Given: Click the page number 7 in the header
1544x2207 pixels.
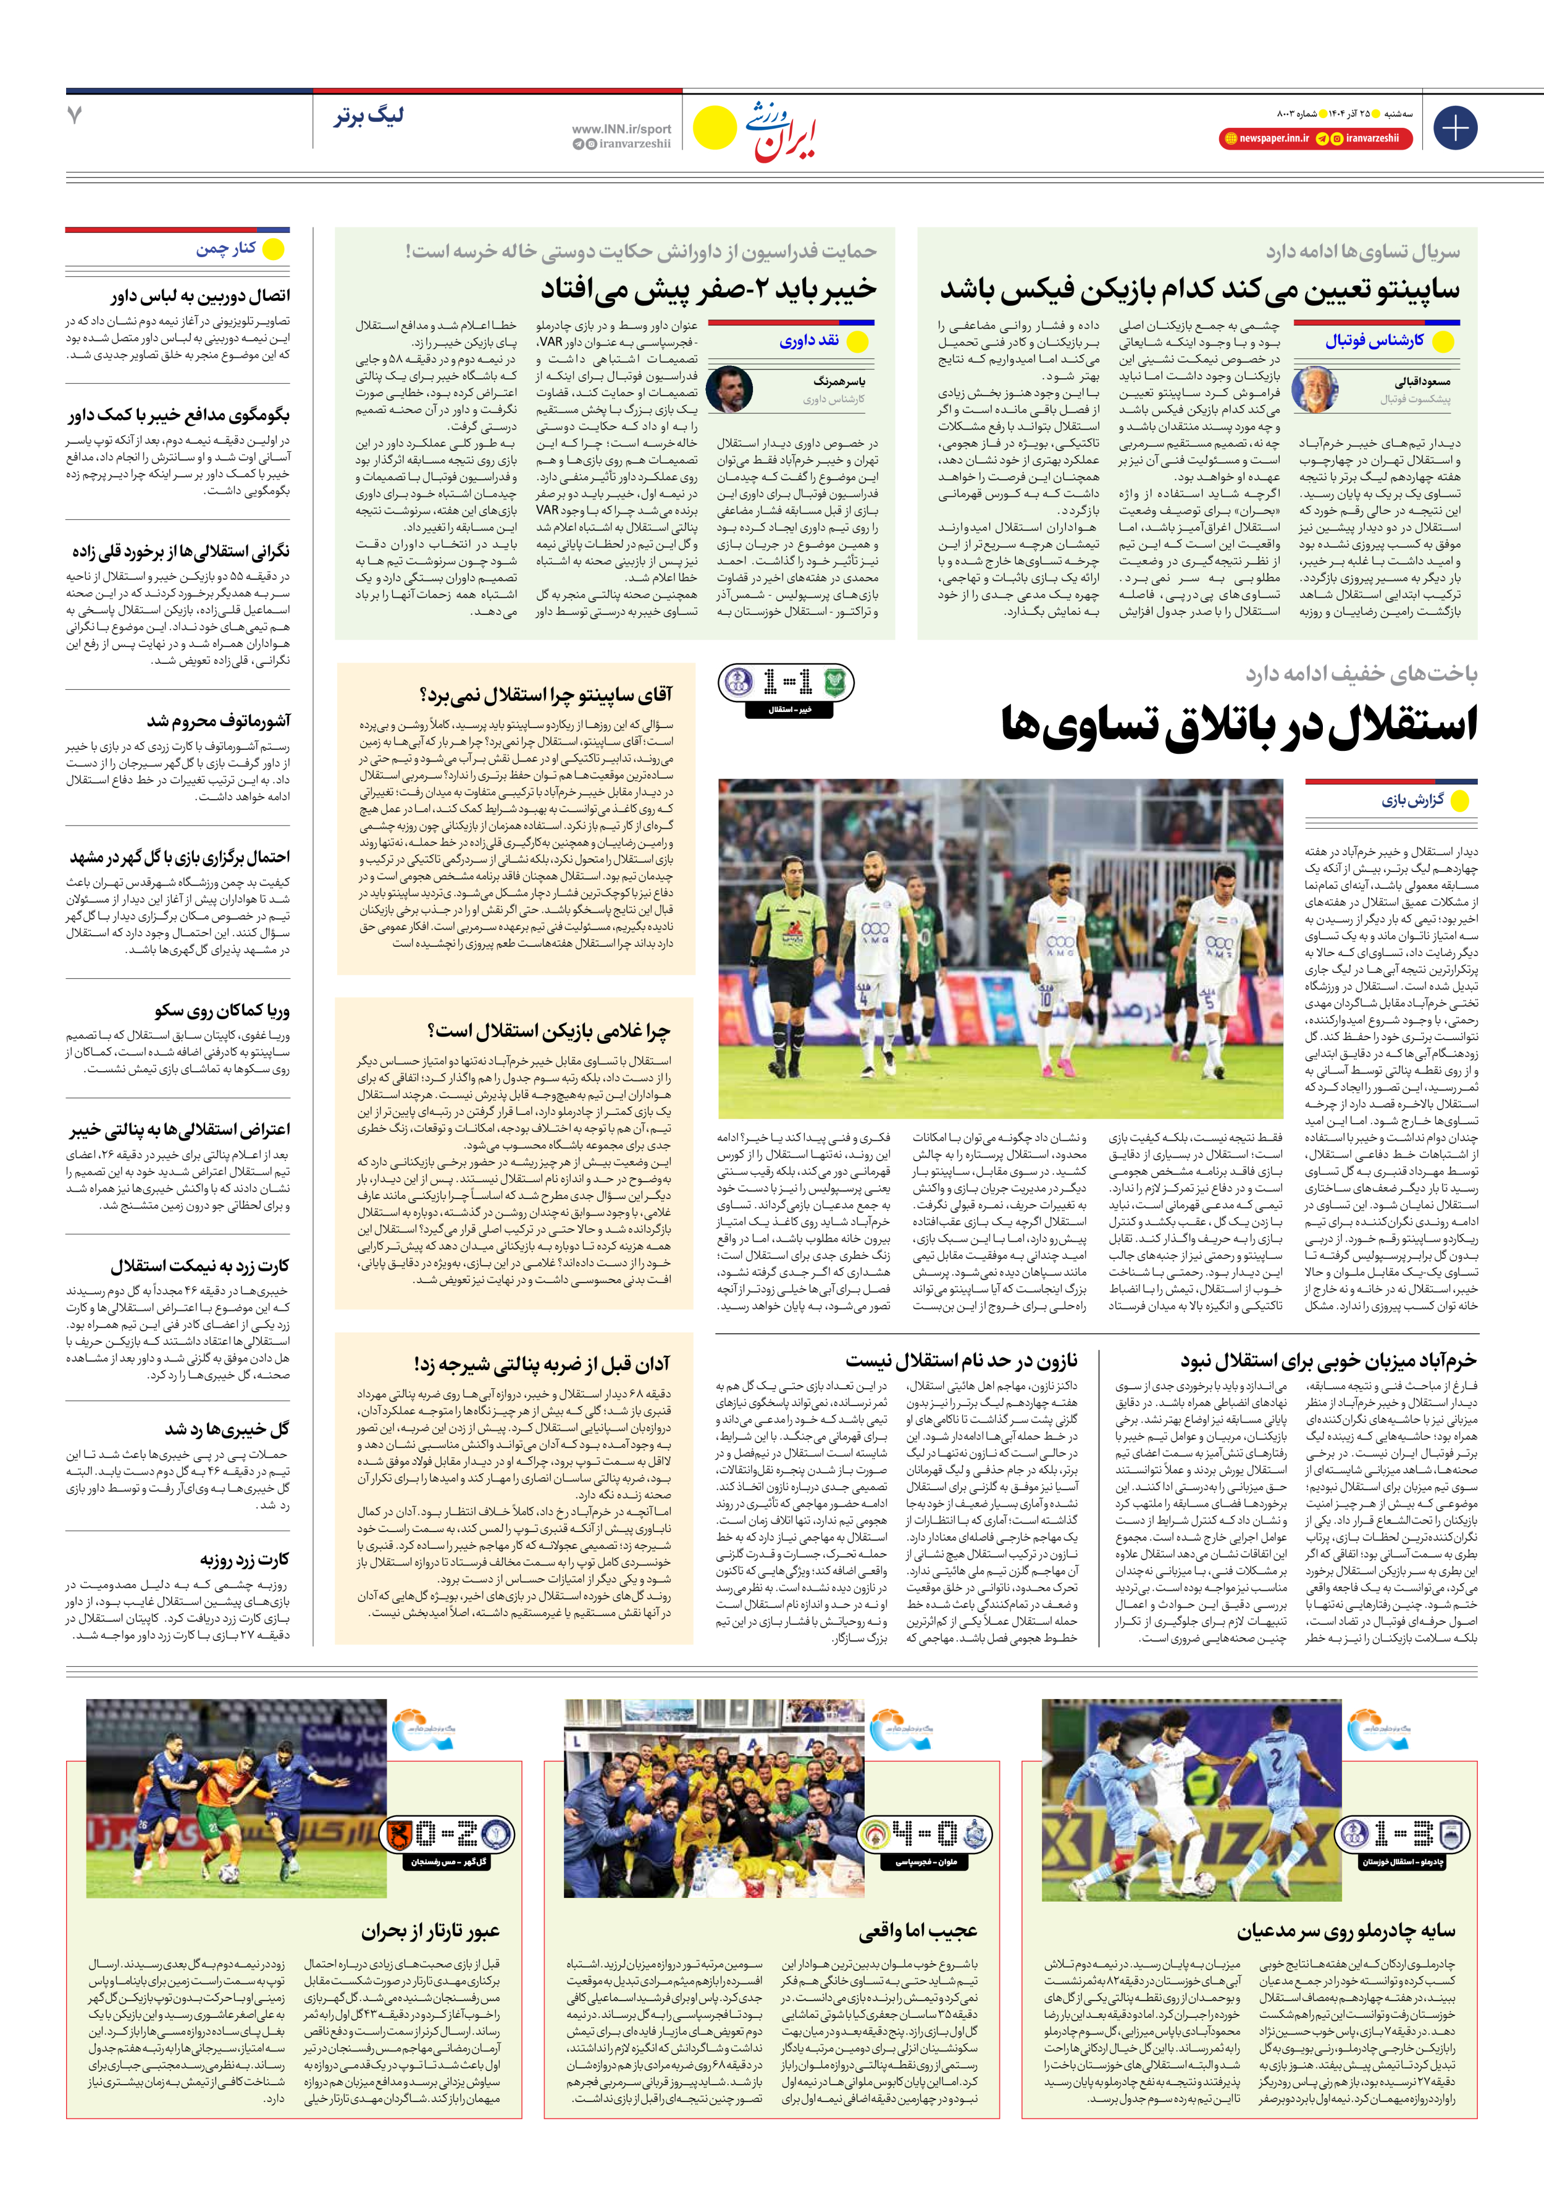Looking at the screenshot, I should click(x=75, y=116).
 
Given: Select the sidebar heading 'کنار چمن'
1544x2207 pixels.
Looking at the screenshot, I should click(x=227, y=249).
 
